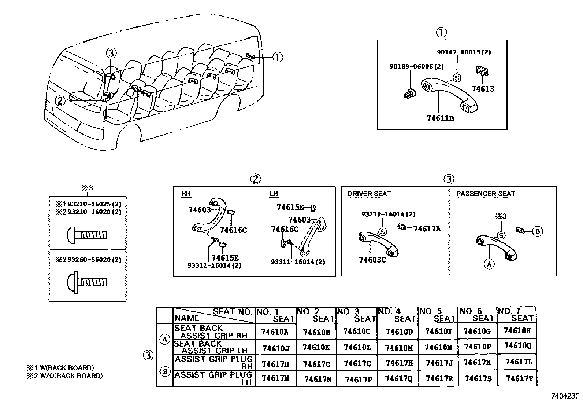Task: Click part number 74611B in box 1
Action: (440, 118)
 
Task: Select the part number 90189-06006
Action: (416, 66)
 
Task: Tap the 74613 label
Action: (482, 89)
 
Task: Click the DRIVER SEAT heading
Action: (369, 194)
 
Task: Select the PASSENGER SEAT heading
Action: (485, 194)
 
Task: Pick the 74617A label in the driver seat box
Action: (427, 229)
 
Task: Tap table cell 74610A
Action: (275, 332)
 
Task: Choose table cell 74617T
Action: (519, 378)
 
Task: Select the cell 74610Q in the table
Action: (517, 345)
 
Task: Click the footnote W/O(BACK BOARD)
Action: (64, 375)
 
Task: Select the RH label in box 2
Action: (186, 194)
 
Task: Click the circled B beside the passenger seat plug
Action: (537, 231)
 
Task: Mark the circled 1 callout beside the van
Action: (278, 57)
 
